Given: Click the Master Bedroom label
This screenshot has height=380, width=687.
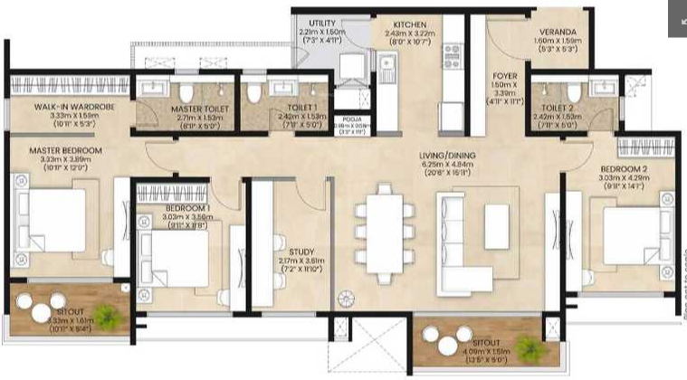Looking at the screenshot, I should tap(64, 150).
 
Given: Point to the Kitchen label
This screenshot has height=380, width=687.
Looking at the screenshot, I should tap(397, 24).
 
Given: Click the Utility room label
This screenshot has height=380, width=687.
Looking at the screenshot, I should tap(322, 24).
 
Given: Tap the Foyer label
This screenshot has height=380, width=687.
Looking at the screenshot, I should tap(505, 76).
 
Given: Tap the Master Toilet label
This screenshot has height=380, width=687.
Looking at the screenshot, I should tap(199, 109).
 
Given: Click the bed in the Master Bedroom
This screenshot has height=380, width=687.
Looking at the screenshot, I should tap(50, 222).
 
